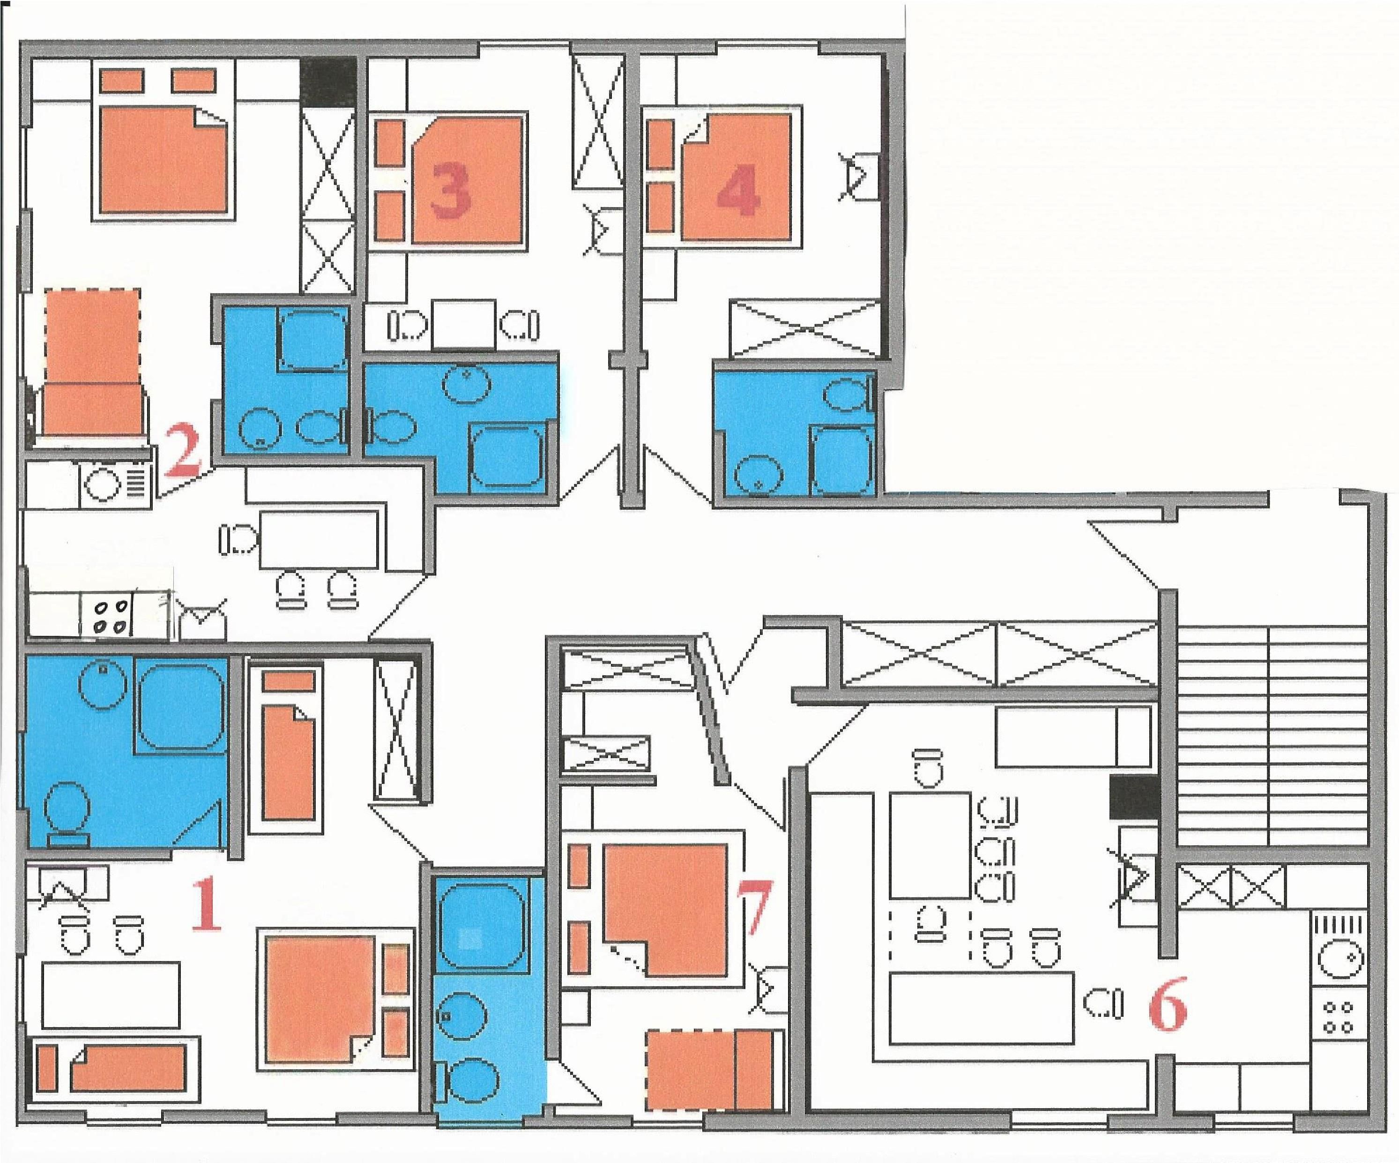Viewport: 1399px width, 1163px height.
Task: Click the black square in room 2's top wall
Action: click(327, 81)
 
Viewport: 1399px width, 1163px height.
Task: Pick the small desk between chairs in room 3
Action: click(463, 324)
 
